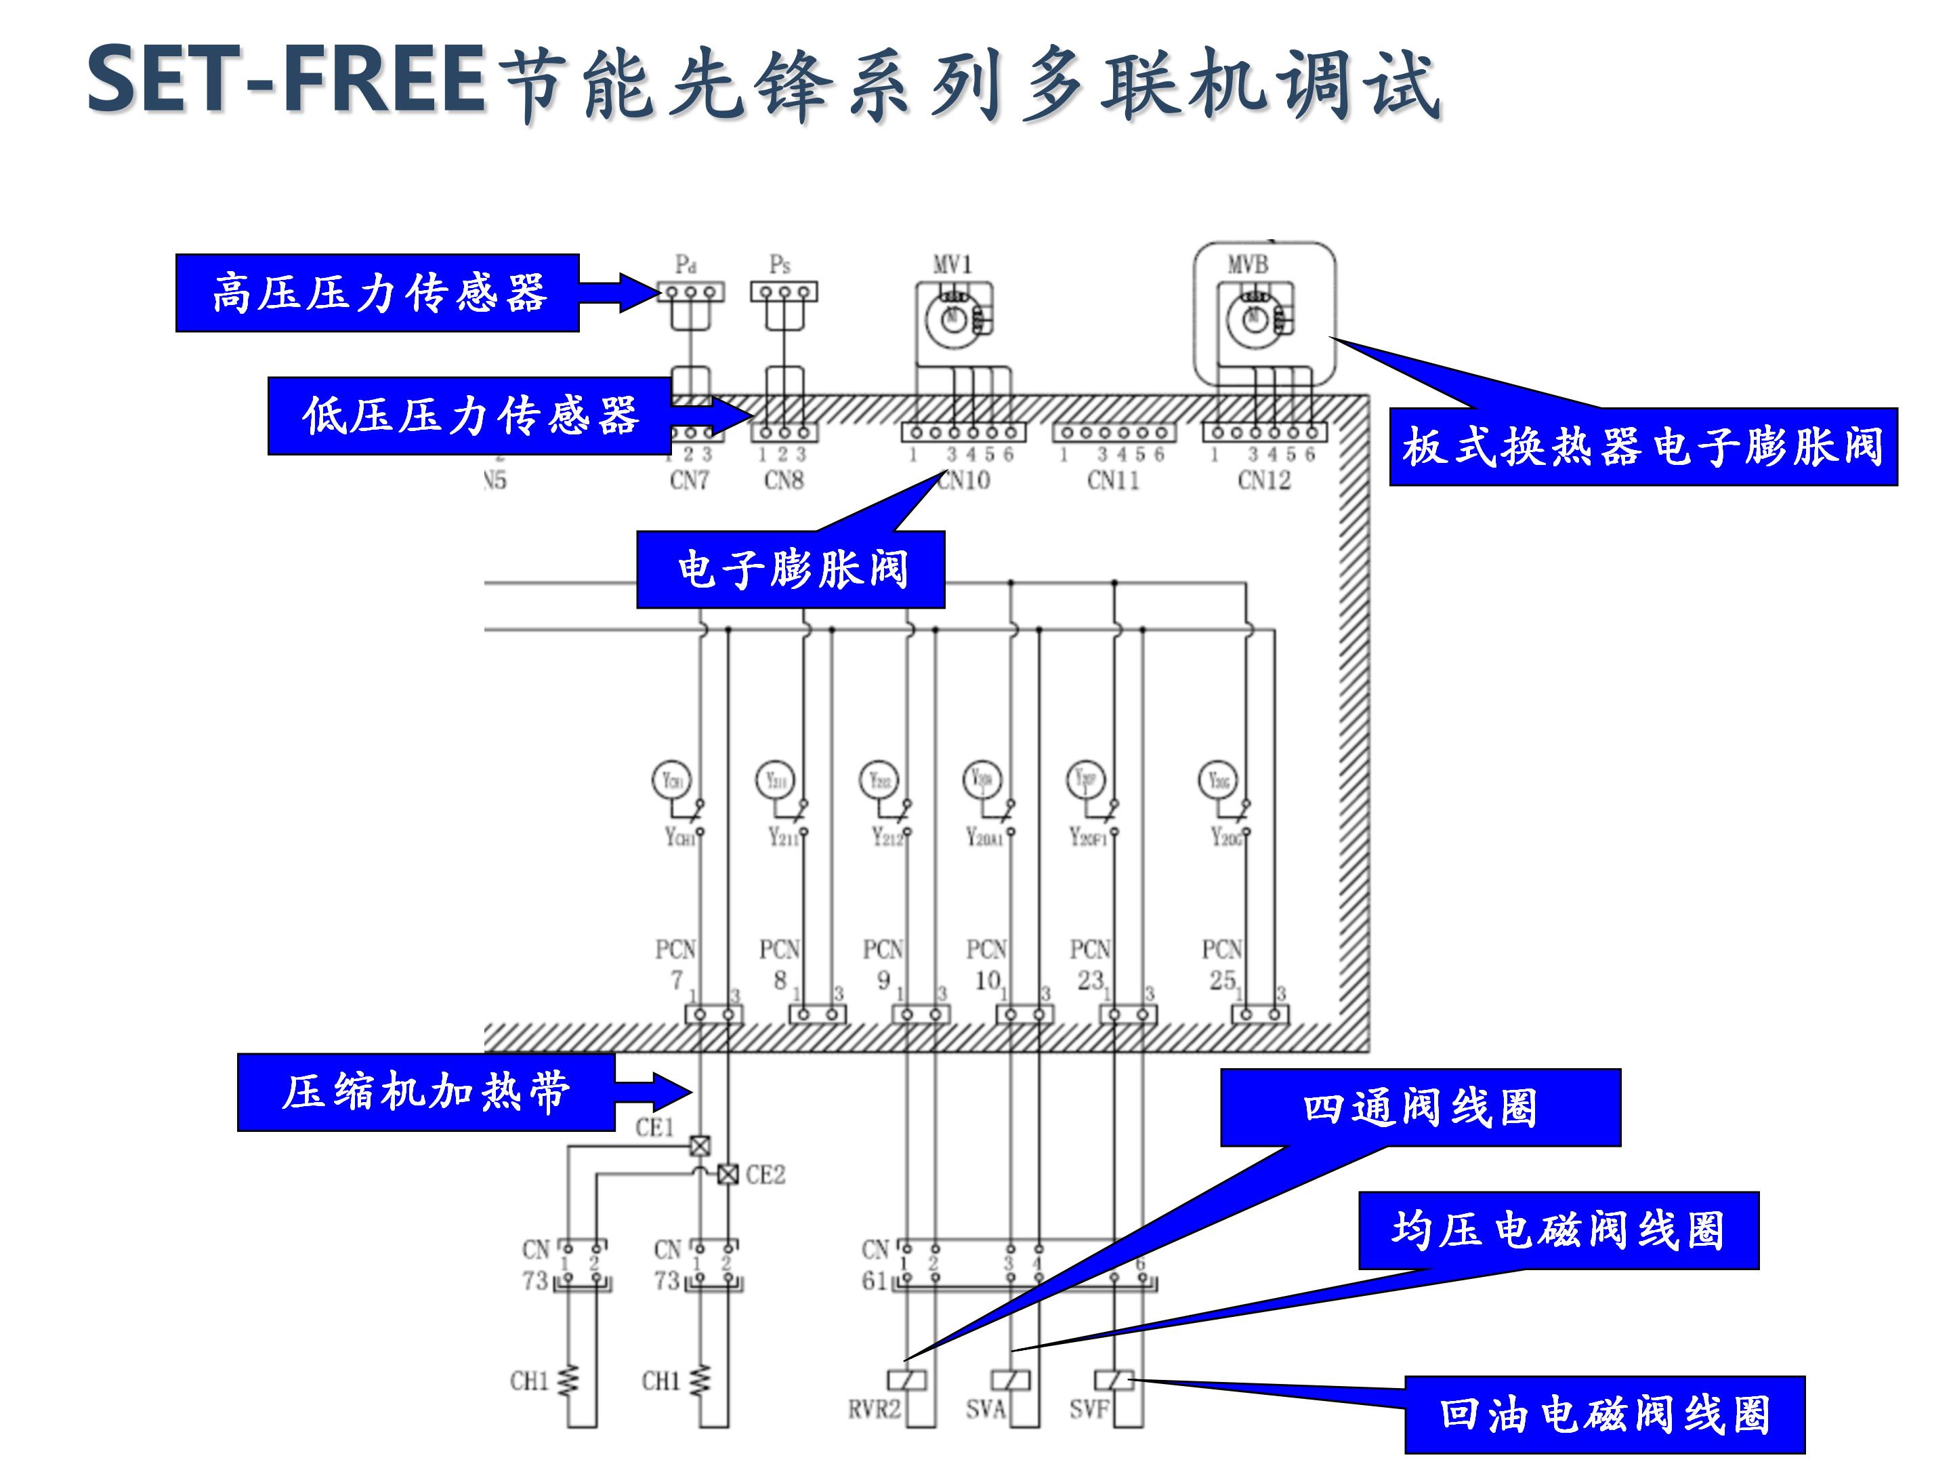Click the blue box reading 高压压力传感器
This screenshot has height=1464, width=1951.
click(x=377, y=293)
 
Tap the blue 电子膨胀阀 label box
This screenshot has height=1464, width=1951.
click(x=791, y=569)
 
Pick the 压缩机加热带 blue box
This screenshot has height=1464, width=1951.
click(x=425, y=1092)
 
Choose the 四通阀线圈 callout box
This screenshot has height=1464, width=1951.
click(x=1420, y=1107)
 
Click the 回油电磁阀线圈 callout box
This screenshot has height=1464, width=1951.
click(x=1604, y=1415)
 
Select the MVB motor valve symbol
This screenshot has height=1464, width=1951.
click(x=1256, y=318)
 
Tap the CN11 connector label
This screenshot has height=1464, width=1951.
click(x=1113, y=480)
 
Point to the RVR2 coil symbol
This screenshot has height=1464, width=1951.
click(x=906, y=1379)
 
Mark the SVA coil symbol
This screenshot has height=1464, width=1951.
click(x=1011, y=1379)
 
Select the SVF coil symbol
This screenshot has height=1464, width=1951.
click(x=1114, y=1379)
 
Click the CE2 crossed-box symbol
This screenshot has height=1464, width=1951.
click(x=728, y=1175)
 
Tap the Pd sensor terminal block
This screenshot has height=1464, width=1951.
click(x=690, y=292)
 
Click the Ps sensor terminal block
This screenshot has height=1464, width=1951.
click(x=783, y=292)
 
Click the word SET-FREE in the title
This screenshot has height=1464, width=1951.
click(x=287, y=81)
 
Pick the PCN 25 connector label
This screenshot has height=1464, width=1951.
click(x=1221, y=964)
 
